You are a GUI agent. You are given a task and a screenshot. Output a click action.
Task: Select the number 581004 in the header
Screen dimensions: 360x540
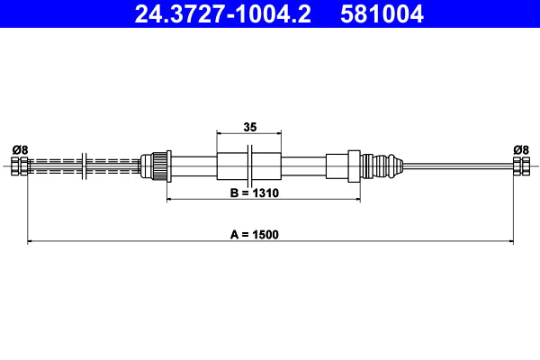click(381, 14)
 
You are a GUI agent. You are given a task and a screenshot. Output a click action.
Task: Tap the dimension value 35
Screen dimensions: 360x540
click(249, 127)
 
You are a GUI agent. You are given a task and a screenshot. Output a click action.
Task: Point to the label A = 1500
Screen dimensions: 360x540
click(255, 234)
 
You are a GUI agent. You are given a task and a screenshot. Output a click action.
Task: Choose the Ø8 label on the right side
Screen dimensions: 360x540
click(520, 149)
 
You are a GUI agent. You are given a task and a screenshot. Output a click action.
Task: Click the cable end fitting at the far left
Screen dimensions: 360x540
click(19, 166)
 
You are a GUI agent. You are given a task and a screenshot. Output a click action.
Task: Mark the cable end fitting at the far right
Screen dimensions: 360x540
click(520, 166)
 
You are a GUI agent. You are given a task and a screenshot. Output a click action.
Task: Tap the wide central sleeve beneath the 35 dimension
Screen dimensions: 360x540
click(249, 166)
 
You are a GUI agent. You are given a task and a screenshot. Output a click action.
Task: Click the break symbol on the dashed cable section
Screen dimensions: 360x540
click(83, 166)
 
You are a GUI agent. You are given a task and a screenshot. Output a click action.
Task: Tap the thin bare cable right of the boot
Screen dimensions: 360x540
click(454, 166)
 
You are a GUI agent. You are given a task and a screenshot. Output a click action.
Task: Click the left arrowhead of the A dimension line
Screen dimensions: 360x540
click(31, 241)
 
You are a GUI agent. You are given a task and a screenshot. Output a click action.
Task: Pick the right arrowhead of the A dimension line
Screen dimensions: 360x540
click(509, 241)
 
